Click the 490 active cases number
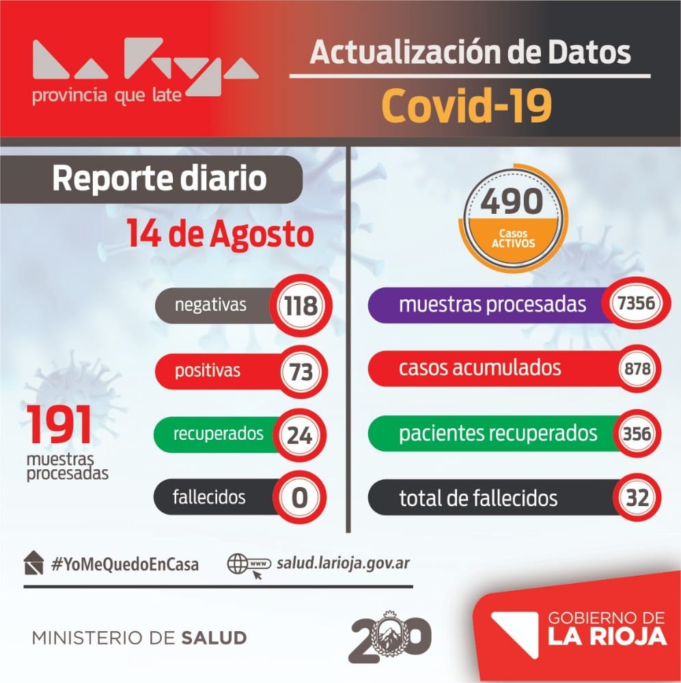point(512,201)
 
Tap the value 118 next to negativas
point(300,305)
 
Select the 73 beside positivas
point(300,372)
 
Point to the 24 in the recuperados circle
point(299,434)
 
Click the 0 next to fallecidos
point(299,497)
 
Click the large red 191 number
point(59,425)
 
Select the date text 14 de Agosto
point(219,234)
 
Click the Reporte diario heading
point(159,179)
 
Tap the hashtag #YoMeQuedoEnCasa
point(124,565)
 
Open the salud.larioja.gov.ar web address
point(344,563)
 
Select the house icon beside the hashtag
point(33,563)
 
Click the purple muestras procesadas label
point(492,305)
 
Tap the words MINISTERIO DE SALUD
point(139,638)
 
